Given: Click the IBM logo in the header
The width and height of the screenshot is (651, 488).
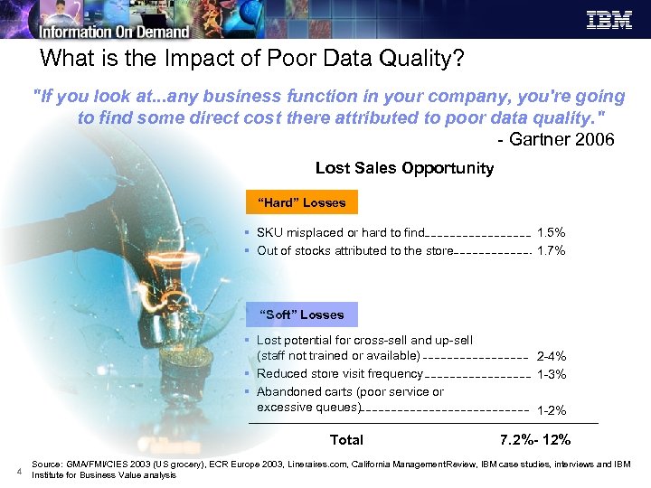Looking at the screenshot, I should [x=609, y=20].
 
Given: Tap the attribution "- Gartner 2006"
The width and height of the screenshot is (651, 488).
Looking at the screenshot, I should [x=556, y=139].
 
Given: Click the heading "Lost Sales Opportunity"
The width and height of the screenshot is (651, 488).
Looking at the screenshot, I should [x=404, y=168].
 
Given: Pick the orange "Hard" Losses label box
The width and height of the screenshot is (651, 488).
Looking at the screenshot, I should [x=301, y=202].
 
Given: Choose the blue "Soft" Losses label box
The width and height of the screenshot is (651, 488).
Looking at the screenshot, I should [x=301, y=314].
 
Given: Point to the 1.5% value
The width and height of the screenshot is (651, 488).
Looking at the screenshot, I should [x=551, y=233].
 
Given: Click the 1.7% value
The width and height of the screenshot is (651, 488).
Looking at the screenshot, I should [x=551, y=251].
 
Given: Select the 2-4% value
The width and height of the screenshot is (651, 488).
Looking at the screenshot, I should [x=551, y=357].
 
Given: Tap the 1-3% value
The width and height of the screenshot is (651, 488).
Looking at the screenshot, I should [x=551, y=374].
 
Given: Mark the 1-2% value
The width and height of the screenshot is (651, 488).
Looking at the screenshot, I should [x=551, y=410].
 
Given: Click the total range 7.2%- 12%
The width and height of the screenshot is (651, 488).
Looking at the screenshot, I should [x=534, y=440].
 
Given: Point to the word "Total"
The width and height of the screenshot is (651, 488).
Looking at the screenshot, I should [x=346, y=440].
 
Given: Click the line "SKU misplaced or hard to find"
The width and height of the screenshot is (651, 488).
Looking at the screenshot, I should [x=340, y=233].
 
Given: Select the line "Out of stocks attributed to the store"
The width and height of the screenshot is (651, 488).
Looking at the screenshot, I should [x=354, y=251].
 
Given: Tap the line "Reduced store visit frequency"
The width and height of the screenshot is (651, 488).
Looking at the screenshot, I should [x=339, y=374].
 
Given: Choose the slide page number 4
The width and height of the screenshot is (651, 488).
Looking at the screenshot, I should [x=18, y=469].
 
